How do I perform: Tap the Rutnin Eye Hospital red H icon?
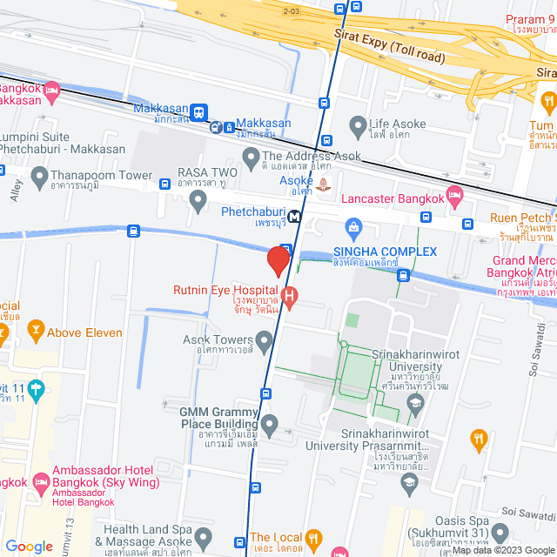[x=291, y=298]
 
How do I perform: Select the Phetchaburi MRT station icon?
[x=296, y=218]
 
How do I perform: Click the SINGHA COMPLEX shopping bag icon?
[x=354, y=230]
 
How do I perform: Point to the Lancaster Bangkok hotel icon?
[x=453, y=192]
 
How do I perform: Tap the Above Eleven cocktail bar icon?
[x=35, y=330]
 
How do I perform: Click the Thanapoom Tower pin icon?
[x=39, y=178]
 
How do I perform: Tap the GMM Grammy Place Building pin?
[x=270, y=426]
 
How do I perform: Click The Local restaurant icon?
[x=314, y=538]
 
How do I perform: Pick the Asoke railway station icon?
[x=325, y=183]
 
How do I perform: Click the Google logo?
[x=30, y=546]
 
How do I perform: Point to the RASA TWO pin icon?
[x=199, y=201]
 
